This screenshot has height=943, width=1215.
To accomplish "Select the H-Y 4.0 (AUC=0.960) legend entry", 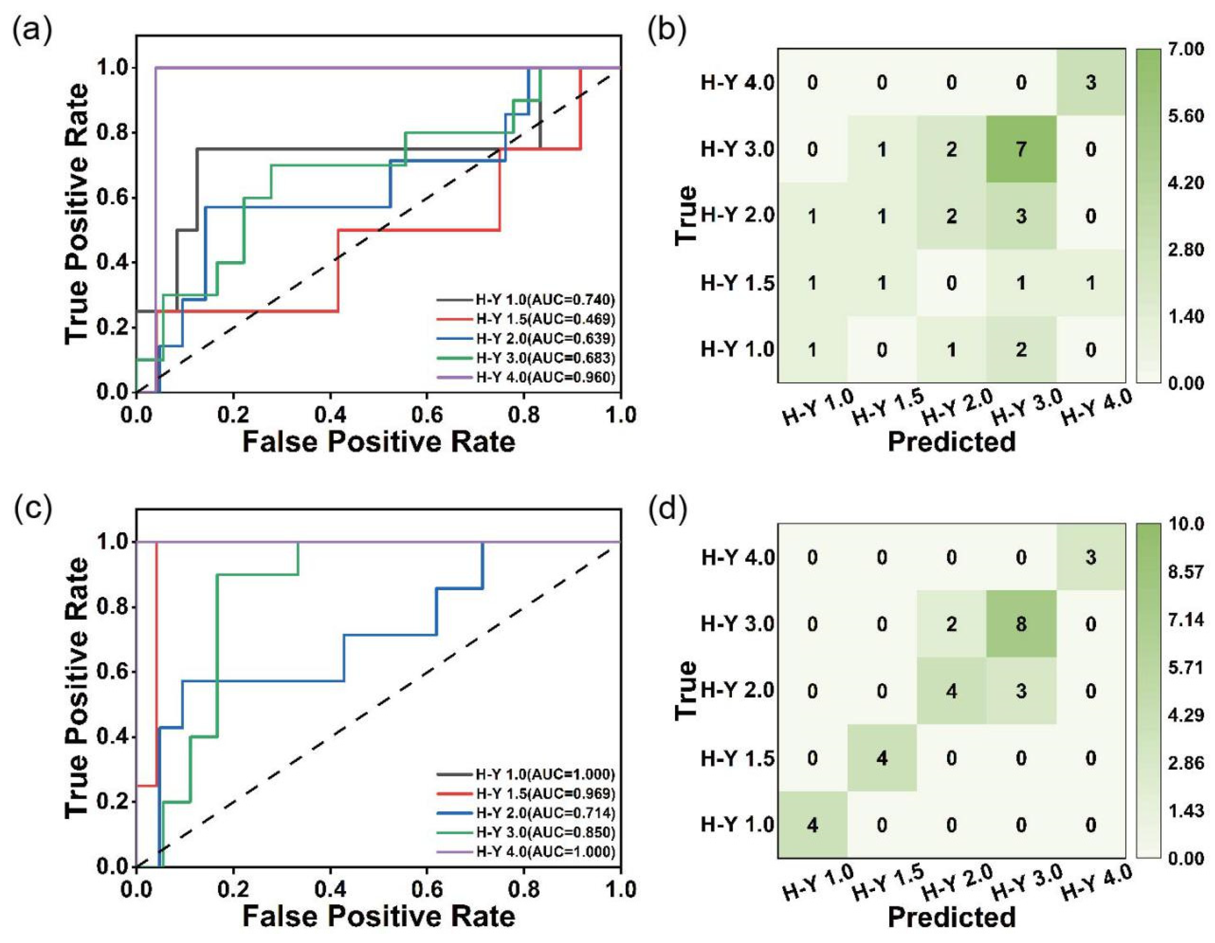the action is click(526, 378).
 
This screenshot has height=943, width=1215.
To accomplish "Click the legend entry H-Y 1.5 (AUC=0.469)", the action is click(526, 319).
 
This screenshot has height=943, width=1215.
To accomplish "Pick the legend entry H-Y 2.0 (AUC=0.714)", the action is click(526, 813).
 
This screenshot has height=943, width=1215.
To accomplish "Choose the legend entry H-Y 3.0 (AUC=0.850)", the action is click(526, 832).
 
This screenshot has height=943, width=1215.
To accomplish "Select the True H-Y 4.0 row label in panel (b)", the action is click(738, 83).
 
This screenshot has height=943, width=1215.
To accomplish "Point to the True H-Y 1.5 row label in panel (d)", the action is click(738, 758).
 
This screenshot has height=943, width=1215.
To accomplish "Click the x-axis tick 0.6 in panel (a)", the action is click(427, 415).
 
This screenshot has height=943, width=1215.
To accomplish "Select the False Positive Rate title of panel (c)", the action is click(379, 916).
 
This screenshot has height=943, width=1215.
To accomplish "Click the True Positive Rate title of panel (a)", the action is click(76, 214).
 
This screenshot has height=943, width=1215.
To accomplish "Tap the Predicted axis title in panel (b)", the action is click(952, 441).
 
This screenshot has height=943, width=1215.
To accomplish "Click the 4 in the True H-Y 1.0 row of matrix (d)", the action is click(812, 824).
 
